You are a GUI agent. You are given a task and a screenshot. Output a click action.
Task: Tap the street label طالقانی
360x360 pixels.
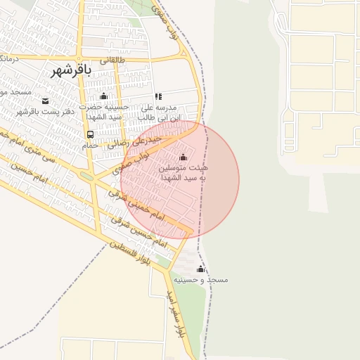pos(114,60)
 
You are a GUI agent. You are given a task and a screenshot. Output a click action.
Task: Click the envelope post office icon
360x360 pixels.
pos(46,101)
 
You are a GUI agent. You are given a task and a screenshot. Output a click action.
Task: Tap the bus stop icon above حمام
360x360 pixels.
pos(90,134)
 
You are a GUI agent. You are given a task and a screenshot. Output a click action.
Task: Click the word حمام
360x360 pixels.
pos(89,145)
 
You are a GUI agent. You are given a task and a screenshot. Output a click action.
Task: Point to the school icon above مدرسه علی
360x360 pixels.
pos(158,96)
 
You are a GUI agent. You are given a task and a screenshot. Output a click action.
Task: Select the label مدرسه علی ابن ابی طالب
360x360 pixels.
pos(160,112)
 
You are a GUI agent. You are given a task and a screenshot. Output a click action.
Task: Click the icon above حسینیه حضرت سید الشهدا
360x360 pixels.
pos(104,96)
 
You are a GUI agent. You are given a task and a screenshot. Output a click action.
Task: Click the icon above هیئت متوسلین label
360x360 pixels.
pos(184,157)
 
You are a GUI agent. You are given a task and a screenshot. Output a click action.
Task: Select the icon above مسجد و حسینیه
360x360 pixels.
pos(200,269)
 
